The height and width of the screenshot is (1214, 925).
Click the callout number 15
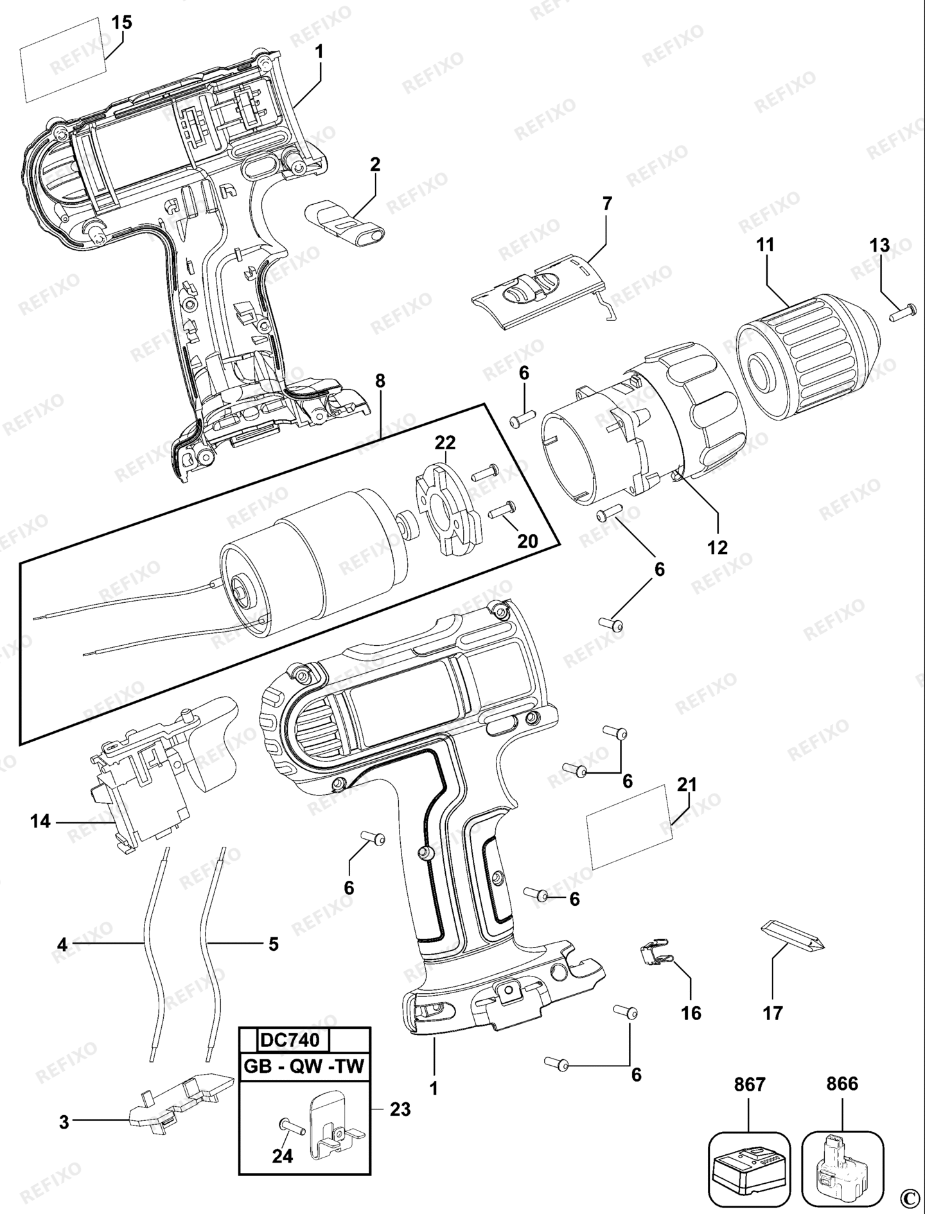click(121, 23)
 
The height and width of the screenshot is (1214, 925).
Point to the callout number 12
click(718, 548)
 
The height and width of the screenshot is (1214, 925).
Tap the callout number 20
click(527, 541)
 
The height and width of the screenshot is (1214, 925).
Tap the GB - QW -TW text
click(304, 1067)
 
